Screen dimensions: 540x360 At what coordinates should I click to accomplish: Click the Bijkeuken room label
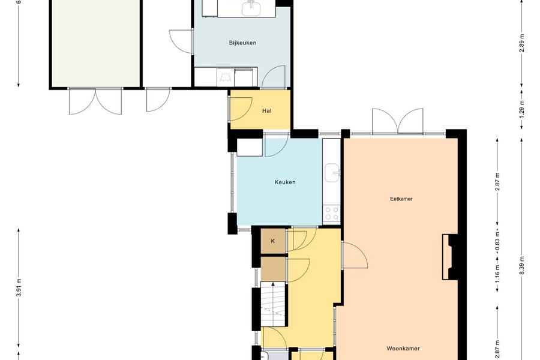(242, 43)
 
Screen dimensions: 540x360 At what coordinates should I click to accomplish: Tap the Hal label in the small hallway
(267, 111)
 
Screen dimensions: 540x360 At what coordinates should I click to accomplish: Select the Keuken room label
(285, 182)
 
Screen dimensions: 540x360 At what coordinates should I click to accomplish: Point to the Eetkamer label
(401, 199)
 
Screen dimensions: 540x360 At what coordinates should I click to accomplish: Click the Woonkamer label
(403, 349)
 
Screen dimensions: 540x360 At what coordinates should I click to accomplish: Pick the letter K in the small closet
(273, 241)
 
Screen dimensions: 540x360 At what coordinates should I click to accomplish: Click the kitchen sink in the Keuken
(332, 173)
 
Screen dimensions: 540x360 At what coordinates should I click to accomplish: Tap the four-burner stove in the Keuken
(332, 212)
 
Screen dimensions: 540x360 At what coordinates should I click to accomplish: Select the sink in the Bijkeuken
(251, 8)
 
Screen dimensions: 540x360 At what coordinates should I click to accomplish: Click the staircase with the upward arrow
(274, 304)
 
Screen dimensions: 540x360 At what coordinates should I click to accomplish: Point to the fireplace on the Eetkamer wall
(450, 257)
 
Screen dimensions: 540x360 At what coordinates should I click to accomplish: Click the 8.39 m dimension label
(522, 266)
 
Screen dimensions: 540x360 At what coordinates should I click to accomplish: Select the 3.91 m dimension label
(19, 287)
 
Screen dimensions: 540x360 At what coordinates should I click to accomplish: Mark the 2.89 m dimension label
(522, 43)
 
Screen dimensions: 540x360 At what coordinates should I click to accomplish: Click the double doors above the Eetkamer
(398, 121)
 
